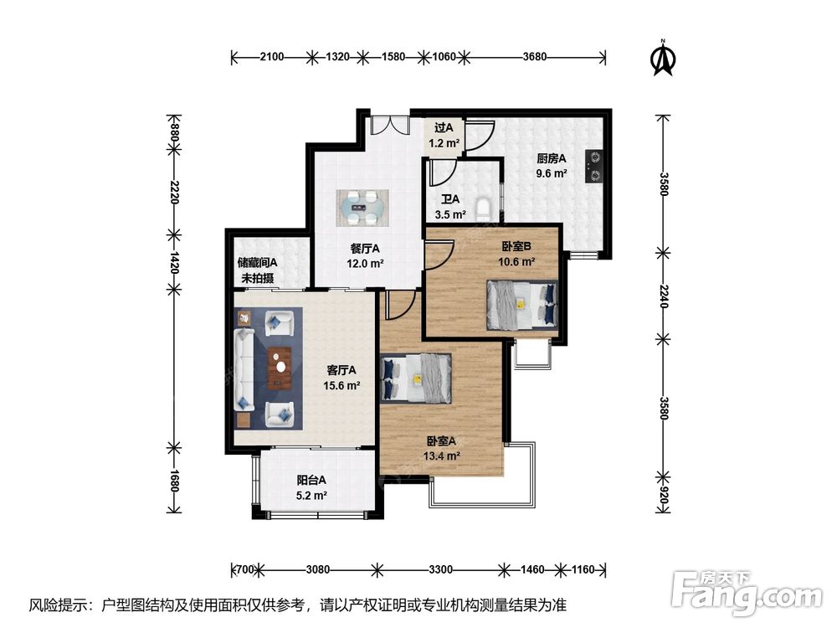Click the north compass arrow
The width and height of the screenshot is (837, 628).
[x=664, y=59]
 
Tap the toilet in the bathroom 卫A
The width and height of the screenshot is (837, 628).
[x=483, y=209]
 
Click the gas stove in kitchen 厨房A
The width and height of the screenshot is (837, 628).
[x=594, y=166]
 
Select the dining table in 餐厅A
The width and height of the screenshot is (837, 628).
[x=362, y=207]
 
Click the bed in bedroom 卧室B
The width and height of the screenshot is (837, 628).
[x=521, y=306]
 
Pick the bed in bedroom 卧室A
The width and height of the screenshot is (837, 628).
[x=417, y=378]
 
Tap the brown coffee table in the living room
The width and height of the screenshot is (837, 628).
[x=280, y=368]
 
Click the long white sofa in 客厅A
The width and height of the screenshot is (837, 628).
[x=244, y=369]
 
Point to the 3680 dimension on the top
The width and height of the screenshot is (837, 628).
[x=534, y=57]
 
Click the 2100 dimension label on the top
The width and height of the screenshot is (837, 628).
[x=272, y=57]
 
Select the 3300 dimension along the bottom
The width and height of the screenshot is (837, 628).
[x=440, y=569]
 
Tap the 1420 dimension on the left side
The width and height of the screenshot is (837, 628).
[x=174, y=261]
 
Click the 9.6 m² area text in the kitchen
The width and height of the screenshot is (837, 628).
[x=552, y=173]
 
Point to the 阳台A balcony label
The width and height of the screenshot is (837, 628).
[x=311, y=480]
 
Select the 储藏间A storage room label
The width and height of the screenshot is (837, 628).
[x=257, y=263]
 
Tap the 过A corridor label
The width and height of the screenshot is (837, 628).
[x=444, y=128]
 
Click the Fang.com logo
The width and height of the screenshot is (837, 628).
[x=747, y=593]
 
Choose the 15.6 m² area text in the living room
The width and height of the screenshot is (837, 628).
[x=341, y=385]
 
